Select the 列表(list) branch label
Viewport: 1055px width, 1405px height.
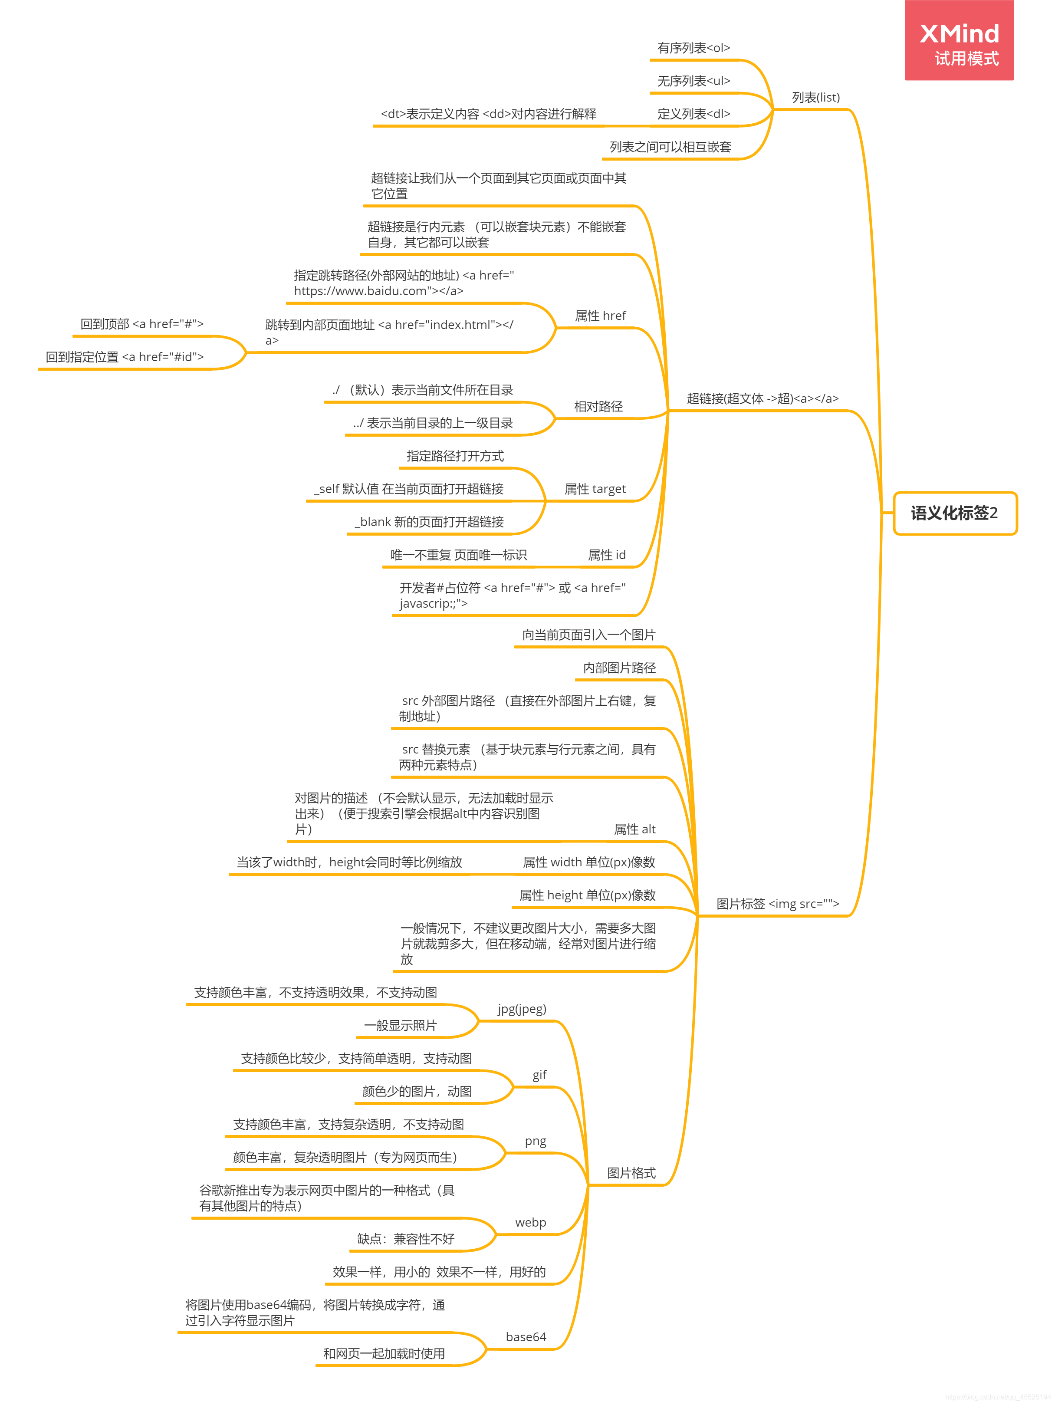coord(815,98)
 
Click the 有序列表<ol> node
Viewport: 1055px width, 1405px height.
coord(693,48)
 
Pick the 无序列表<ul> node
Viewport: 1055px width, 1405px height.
coord(693,81)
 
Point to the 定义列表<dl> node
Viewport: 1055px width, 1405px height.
coord(693,114)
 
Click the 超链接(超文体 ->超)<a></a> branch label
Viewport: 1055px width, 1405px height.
coord(762,399)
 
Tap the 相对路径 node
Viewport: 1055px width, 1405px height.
coord(598,407)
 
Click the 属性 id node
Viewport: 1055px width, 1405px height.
coord(607,555)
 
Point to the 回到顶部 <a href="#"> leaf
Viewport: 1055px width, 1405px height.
coord(141,324)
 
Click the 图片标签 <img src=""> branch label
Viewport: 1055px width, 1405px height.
coord(777,904)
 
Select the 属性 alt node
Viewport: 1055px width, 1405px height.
coord(634,829)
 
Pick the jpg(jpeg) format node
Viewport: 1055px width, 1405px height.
coord(522,1009)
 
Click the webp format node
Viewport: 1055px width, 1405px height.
coord(530,1223)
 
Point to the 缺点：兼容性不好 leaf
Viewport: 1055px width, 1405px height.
coord(406,1239)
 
